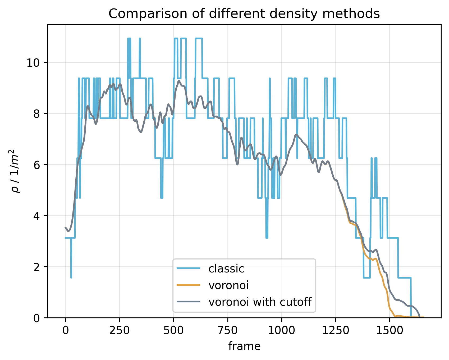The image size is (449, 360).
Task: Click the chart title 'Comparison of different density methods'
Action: click(x=244, y=14)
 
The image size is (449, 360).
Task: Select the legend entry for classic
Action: click(x=226, y=269)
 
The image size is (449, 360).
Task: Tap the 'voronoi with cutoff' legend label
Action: click(x=260, y=302)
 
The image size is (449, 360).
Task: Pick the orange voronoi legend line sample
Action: click(x=188, y=285)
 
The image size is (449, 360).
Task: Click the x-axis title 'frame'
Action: click(x=244, y=346)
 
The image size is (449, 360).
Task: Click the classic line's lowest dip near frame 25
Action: click(x=71, y=277)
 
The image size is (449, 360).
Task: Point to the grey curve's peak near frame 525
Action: click(x=179, y=81)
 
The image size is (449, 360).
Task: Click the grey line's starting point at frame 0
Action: click(x=66, y=227)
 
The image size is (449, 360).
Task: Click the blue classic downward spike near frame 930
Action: click(x=267, y=237)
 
